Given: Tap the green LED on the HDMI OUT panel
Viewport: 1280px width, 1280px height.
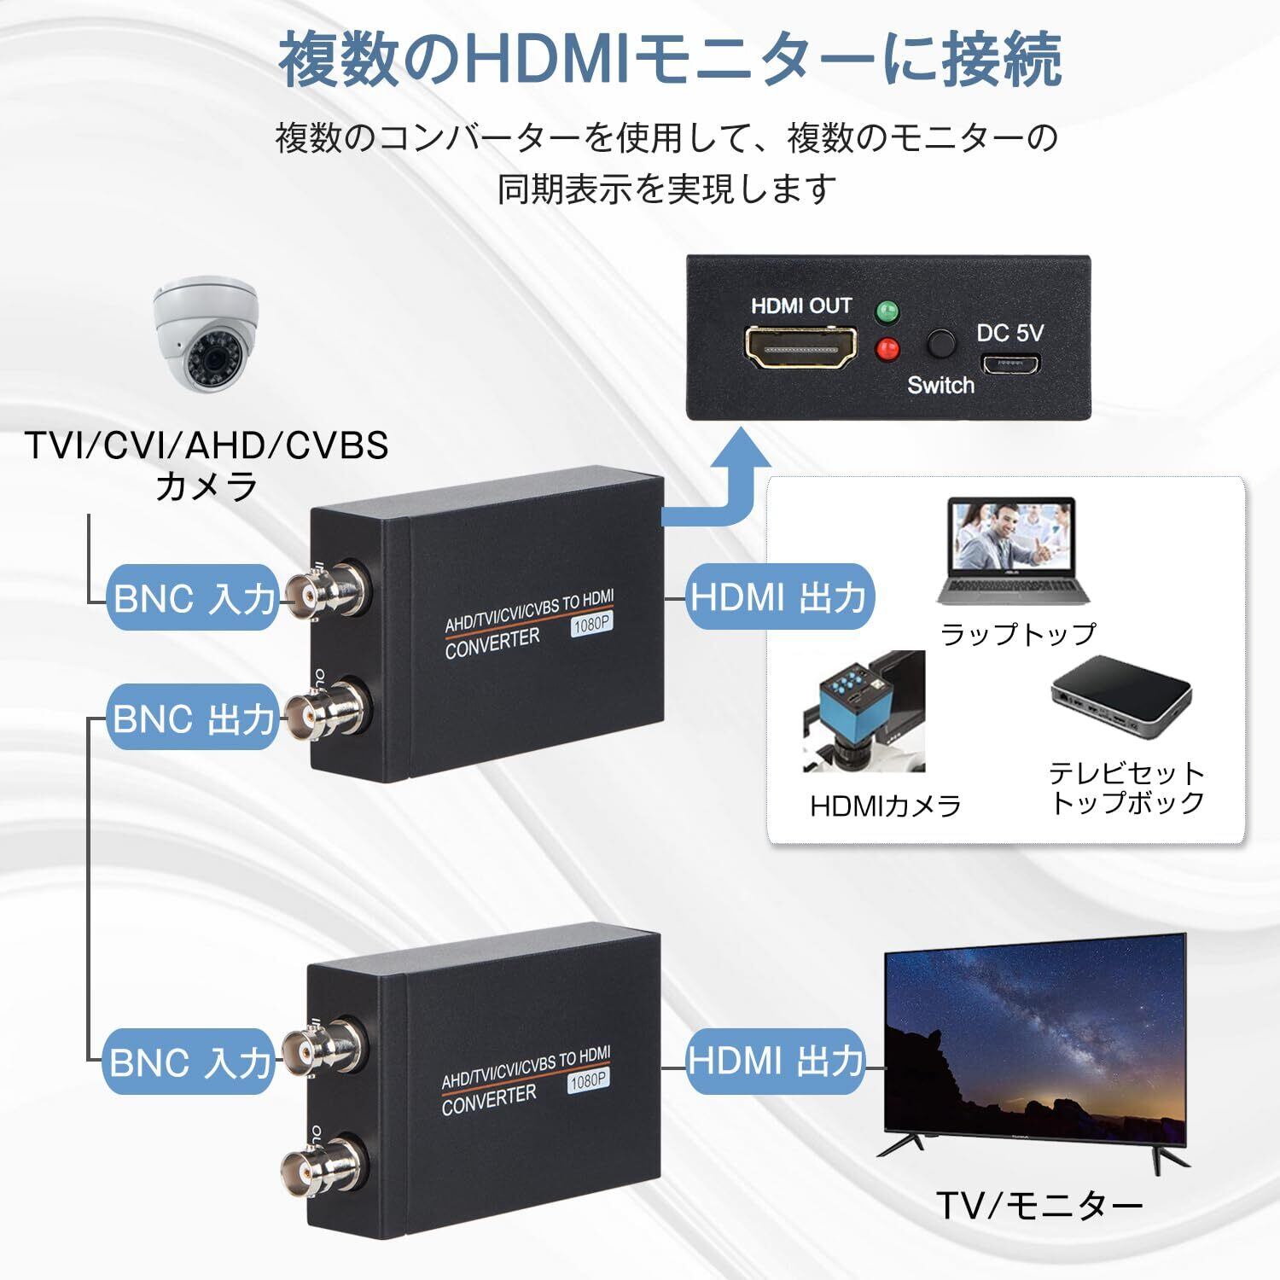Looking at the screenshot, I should point(888,311).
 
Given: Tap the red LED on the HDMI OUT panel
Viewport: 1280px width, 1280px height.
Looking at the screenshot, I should point(888,348).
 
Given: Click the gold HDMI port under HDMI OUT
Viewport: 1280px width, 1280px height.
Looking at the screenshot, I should point(800,348).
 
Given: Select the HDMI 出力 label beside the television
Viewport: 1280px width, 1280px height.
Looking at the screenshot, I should point(776,1062).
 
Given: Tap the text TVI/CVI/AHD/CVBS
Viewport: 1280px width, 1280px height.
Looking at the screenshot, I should point(207,445).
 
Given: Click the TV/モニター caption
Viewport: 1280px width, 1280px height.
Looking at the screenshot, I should point(1039,1205).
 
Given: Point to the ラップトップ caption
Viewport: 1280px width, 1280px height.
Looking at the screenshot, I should point(1017,634).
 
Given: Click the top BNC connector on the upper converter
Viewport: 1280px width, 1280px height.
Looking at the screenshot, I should point(324,591).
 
